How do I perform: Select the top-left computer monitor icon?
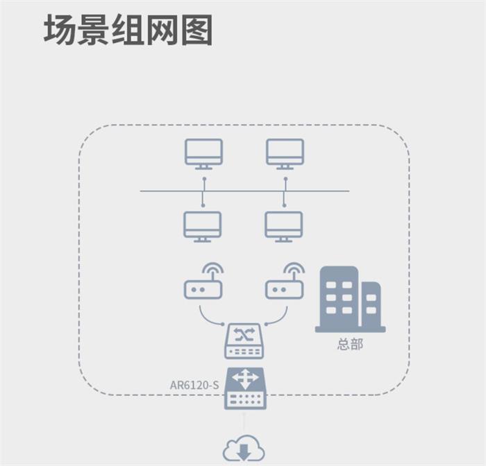[x=203, y=153]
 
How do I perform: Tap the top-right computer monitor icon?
[x=285, y=153]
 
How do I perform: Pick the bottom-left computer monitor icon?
[x=203, y=226]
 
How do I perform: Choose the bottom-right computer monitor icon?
[x=284, y=226]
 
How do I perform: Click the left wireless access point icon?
[x=203, y=288]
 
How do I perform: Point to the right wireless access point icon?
[x=284, y=288]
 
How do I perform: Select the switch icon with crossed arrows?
[x=244, y=341]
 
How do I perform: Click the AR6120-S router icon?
[x=244, y=388]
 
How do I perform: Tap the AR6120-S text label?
[x=194, y=384]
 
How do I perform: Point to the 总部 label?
[x=350, y=344]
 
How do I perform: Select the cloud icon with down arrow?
[x=244, y=449]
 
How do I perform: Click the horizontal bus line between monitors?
[x=167, y=191]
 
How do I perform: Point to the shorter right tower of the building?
[x=371, y=305]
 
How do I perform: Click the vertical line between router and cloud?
[x=244, y=422]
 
